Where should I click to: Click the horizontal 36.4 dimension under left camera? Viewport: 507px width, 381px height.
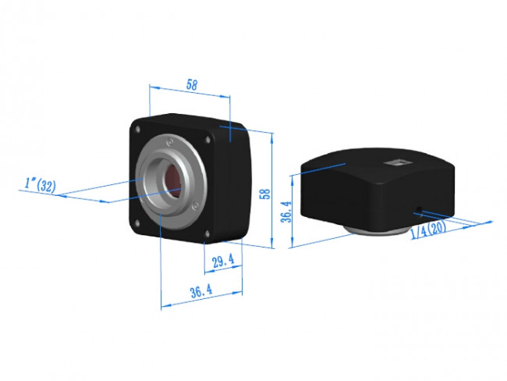200,291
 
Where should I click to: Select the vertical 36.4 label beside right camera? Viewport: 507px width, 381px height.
286,210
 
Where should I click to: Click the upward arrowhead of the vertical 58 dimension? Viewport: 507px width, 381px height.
271,135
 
